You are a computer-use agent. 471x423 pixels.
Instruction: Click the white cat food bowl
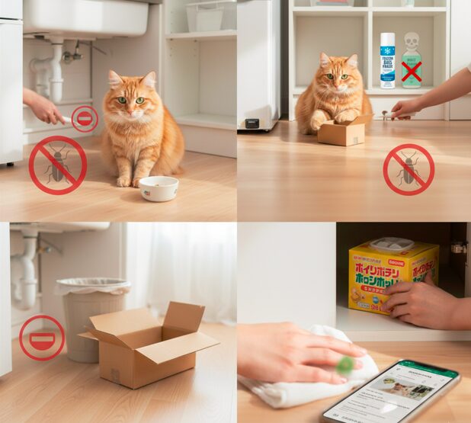click(159, 188)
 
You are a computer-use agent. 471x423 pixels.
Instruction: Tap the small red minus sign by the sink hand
click(85, 119)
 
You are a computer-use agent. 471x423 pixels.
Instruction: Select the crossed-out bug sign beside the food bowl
click(58, 165)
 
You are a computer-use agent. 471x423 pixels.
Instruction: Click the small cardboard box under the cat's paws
click(341, 133)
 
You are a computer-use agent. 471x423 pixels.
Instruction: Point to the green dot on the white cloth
click(345, 364)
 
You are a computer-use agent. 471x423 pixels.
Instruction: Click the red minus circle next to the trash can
click(42, 337)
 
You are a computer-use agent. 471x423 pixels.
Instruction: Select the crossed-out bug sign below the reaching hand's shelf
click(408, 170)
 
